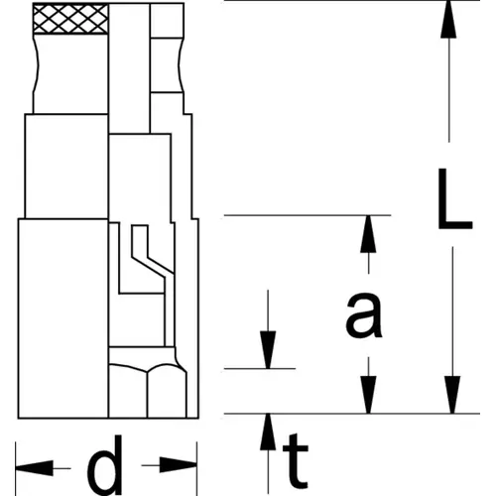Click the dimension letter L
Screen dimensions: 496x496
click(453, 199)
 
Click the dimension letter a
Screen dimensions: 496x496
click(364, 315)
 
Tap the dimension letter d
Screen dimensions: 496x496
click(105, 464)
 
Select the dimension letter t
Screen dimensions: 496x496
click(296, 461)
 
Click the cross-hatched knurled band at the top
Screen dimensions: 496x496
click(70, 19)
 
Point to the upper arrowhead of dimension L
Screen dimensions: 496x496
click(448, 19)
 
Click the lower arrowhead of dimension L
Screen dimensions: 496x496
click(452, 395)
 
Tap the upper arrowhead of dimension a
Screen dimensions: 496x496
click(368, 234)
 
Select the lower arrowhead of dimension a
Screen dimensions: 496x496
click(368, 395)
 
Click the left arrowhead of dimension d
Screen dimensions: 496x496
click(34, 468)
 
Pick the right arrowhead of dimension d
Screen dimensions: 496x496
click(179, 465)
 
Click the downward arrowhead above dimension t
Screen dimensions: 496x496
click(268, 350)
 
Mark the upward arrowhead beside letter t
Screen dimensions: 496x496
click(268, 432)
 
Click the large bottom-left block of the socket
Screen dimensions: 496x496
click(63, 318)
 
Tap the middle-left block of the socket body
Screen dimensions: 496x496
click(66, 166)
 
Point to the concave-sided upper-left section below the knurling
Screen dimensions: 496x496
click(70, 73)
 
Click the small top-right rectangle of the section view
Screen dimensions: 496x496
click(167, 21)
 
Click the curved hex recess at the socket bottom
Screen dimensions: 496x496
click(148, 391)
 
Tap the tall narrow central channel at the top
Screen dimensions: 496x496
click(129, 68)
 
